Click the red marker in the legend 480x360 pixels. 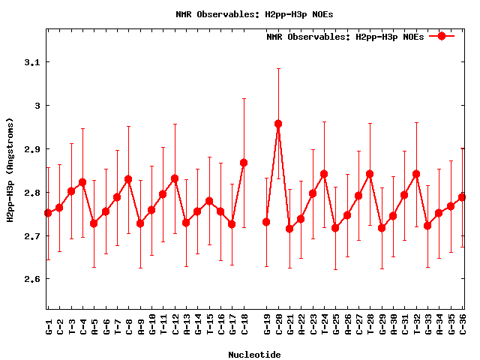442,36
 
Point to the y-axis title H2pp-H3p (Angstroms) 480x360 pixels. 10,169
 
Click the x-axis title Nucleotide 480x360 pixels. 255,355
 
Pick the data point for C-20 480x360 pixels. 278,124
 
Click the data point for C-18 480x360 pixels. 244,163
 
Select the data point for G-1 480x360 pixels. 48,213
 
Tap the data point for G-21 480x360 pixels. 289,229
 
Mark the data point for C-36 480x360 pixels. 462,197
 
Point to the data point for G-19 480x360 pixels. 266,222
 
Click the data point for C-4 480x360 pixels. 82,182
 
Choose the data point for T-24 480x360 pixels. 324,174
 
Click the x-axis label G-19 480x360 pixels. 267,324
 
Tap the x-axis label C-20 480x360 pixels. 278,324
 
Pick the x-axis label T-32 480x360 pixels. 417,324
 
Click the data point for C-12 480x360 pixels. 175,178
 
